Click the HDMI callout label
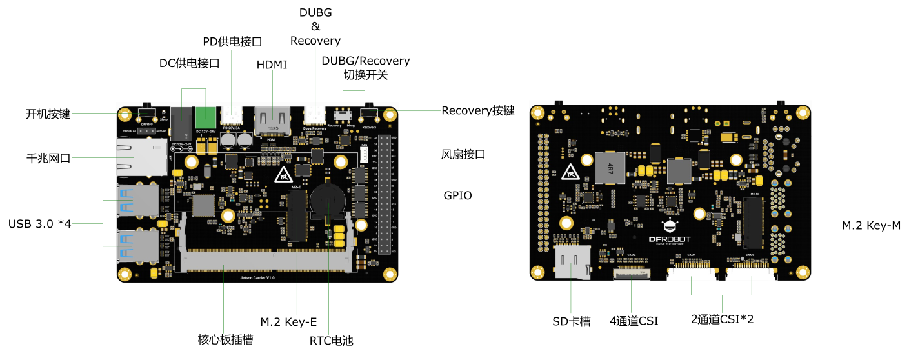[x=272, y=65]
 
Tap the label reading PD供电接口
[x=232, y=42]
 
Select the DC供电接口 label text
[x=190, y=63]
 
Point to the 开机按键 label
[x=48, y=114]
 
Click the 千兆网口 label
[x=48, y=158]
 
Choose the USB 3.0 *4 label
[x=40, y=224]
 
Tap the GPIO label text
[x=457, y=195]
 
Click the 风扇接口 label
[x=463, y=155]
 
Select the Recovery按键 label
[x=477, y=110]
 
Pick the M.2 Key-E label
[x=288, y=321]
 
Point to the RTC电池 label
[x=331, y=341]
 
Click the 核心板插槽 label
[x=225, y=340]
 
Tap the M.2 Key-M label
[x=871, y=225]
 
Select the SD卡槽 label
[x=572, y=321]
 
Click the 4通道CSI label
[x=634, y=321]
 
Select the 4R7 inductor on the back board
[x=610, y=168]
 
